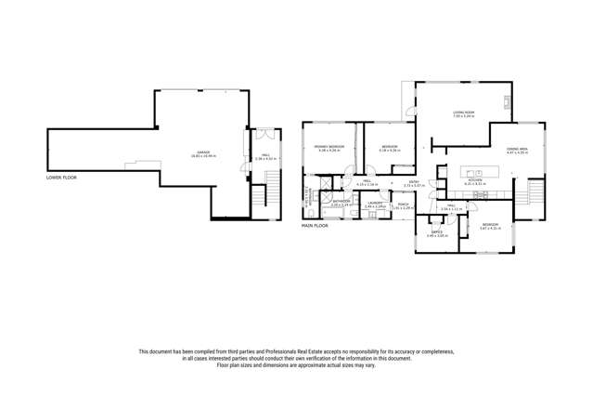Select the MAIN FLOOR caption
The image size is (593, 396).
click(x=315, y=225)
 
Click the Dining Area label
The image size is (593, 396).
click(x=517, y=151)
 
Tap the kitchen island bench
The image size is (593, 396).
click(x=481, y=172)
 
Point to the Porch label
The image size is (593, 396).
click(x=402, y=205)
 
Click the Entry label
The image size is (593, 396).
click(x=414, y=183)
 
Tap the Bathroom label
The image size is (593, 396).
click(x=342, y=202)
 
